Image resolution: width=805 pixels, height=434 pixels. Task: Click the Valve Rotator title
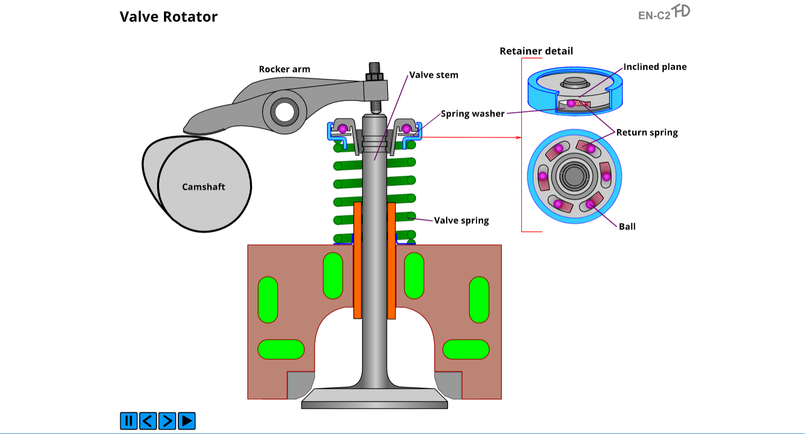tap(168, 17)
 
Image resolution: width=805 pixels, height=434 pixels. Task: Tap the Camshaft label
tap(203, 187)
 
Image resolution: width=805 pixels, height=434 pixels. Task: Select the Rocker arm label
tap(285, 69)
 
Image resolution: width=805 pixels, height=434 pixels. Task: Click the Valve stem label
tap(434, 75)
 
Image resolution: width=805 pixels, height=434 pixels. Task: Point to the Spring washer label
tap(472, 114)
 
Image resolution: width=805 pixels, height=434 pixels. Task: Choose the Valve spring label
tap(461, 220)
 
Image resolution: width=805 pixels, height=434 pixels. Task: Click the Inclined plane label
tap(655, 67)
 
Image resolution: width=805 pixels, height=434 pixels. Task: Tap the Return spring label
tap(647, 133)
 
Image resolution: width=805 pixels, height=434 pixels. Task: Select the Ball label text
tap(627, 226)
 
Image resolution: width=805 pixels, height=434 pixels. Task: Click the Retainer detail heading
tap(536, 51)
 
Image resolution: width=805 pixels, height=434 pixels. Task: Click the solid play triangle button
tap(187, 421)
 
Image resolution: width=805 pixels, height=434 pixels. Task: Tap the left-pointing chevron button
tap(148, 421)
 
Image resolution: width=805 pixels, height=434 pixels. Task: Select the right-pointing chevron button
tap(167, 421)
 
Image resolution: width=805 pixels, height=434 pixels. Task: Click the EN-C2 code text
tap(654, 16)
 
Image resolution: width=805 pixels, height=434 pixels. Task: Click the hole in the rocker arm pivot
tap(285, 112)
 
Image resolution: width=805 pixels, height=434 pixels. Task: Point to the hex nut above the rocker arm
tap(374, 77)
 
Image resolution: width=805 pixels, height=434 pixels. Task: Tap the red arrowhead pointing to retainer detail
tap(518, 138)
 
